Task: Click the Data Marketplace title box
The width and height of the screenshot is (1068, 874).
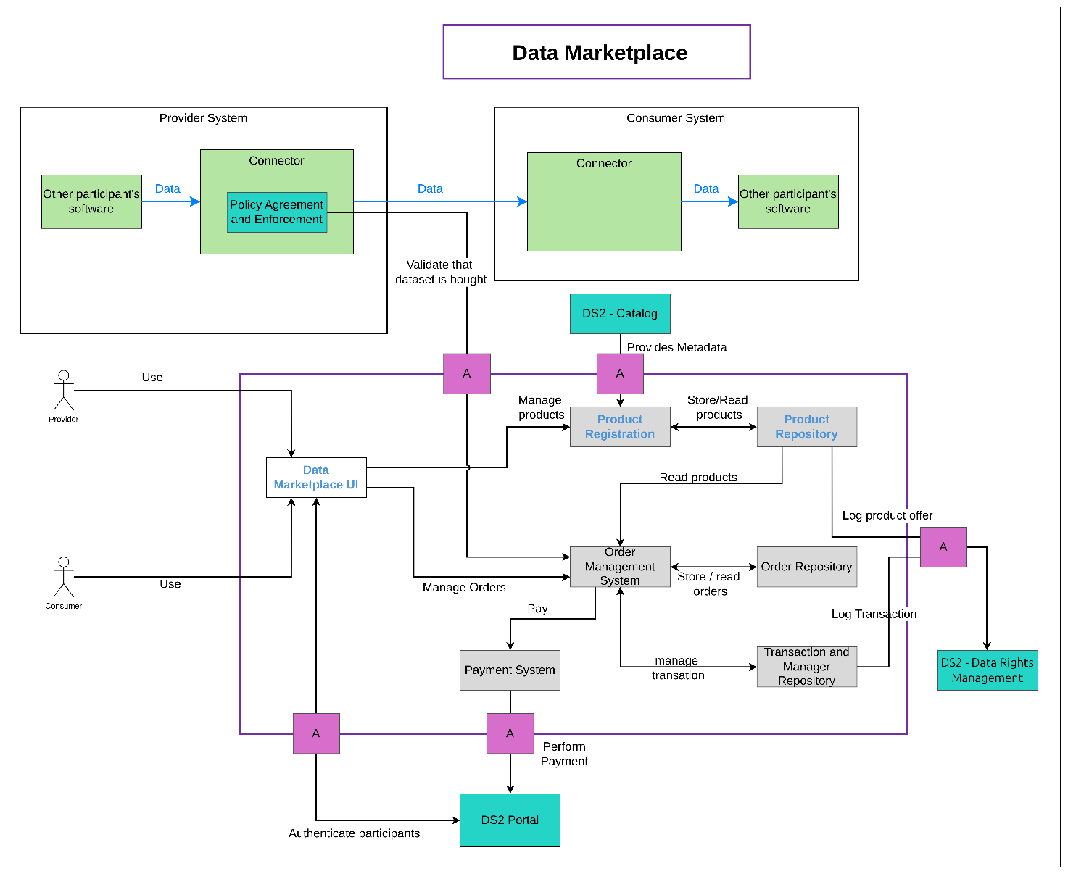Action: click(597, 52)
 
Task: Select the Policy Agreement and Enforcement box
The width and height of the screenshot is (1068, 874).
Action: click(277, 212)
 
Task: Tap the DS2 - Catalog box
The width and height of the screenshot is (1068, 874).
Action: click(620, 314)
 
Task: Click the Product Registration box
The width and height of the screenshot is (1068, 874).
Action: click(620, 427)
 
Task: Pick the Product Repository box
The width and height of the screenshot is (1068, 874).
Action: click(806, 427)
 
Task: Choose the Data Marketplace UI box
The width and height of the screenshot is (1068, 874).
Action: click(316, 478)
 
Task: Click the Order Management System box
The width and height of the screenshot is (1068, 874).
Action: click(620, 567)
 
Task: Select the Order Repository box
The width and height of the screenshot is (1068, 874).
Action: click(806, 567)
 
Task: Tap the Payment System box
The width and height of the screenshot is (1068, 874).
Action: click(510, 670)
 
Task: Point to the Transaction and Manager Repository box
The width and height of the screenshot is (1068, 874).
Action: click(806, 667)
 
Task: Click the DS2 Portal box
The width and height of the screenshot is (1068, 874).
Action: click(510, 820)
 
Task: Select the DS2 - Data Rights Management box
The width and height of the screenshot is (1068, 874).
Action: click(988, 670)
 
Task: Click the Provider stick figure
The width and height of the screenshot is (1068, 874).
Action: click(64, 391)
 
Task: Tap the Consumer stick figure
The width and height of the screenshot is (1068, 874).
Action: click(64, 578)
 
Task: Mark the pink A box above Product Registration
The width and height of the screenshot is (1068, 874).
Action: click(620, 374)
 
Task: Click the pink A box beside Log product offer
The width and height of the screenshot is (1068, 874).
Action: click(943, 547)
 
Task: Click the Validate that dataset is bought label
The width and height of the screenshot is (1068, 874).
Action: click(440, 272)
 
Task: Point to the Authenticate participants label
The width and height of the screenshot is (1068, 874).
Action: click(354, 833)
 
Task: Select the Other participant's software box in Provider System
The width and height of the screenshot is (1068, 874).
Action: click(91, 201)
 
